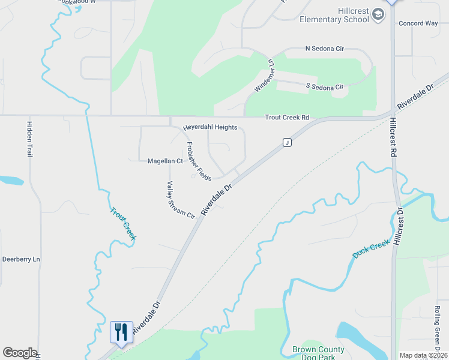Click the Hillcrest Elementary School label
click(335, 15)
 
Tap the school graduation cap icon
click(378, 14)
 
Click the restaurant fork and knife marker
click(121, 332)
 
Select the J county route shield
click(287, 142)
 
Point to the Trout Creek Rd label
click(288, 118)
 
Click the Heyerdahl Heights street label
click(210, 127)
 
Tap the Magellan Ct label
click(165, 161)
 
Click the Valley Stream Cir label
click(181, 199)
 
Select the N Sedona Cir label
click(324, 48)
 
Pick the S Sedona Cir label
click(324, 87)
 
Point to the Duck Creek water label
click(370, 250)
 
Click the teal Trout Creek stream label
click(123, 223)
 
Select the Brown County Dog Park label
click(318, 353)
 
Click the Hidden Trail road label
click(29, 139)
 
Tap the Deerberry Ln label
click(20, 259)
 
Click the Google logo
click(20, 353)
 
